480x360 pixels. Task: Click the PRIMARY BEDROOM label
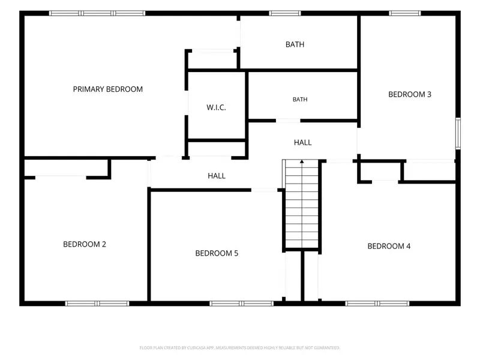108,89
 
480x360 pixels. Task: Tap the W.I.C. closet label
216,107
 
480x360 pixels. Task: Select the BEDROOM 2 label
85,244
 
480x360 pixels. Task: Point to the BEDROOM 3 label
410,94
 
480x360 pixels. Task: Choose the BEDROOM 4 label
389,246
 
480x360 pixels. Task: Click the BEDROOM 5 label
217,253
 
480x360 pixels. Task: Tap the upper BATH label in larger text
295,44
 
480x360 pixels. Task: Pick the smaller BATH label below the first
300,100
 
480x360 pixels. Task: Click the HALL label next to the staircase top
303,142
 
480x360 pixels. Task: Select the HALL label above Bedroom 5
217,176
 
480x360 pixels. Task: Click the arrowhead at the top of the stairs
302,161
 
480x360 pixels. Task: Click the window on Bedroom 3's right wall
458,133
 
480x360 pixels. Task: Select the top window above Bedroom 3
404,13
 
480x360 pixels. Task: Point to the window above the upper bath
284,13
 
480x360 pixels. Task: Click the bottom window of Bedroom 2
97,304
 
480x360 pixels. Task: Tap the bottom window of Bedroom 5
241,304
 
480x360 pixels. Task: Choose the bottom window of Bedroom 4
377,304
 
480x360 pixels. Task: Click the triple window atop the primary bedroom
97,13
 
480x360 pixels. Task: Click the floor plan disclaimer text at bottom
239,348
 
